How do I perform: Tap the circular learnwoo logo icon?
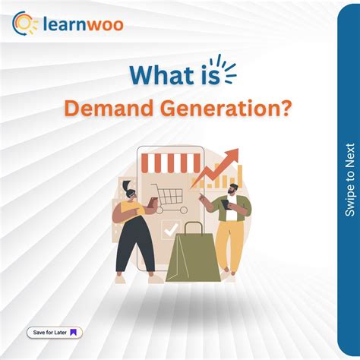[x=25, y=24]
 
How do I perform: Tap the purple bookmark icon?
[x=74, y=333]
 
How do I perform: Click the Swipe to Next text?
[x=349, y=179]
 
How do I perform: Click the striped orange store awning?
[x=167, y=162]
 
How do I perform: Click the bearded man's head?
[x=232, y=189]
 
